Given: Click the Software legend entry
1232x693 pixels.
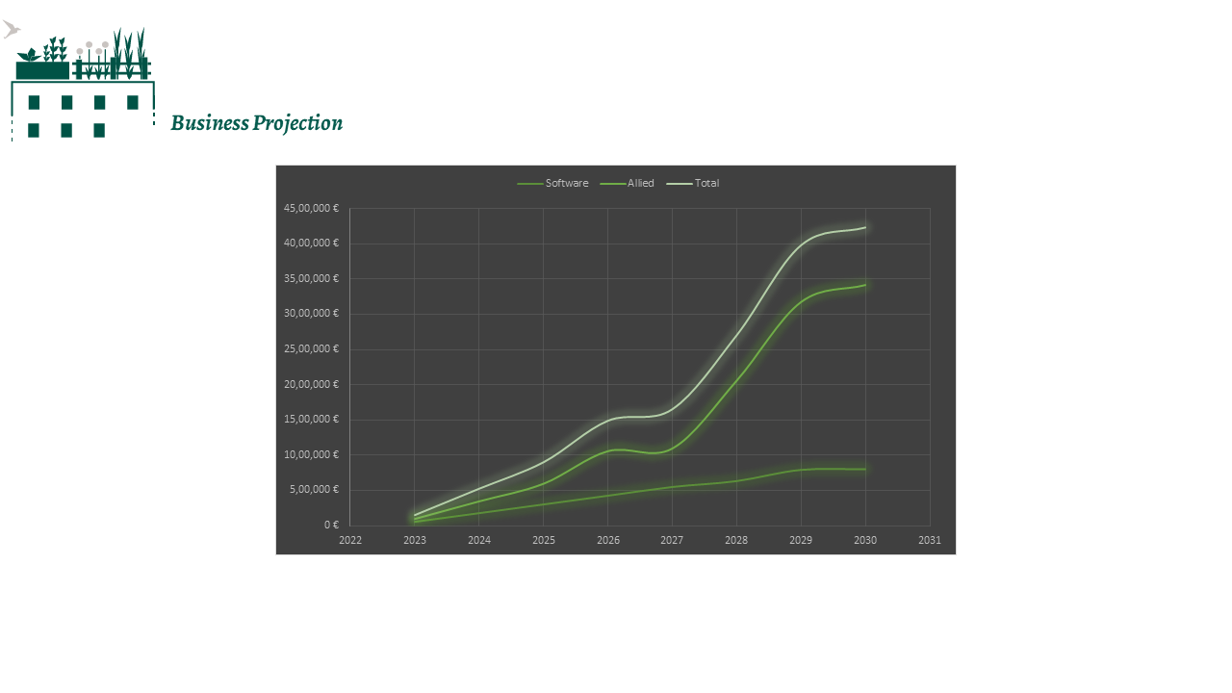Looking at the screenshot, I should [566, 184].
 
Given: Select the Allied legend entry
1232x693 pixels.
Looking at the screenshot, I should [640, 184].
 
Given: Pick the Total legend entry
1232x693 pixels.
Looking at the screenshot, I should [706, 184].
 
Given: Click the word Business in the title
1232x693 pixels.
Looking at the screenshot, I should [209, 123].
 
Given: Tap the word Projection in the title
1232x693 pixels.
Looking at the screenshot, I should [297, 123].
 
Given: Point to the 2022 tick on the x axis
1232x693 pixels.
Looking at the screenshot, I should [350, 540].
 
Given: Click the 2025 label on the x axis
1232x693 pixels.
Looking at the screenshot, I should [544, 540].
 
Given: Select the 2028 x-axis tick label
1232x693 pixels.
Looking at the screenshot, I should [736, 540].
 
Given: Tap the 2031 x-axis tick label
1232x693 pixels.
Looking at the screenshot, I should [930, 540].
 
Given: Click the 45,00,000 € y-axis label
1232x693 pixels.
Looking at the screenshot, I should [311, 208].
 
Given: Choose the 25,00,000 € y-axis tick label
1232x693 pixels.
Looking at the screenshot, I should [311, 348].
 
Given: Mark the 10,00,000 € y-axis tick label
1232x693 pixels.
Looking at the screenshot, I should [311, 454].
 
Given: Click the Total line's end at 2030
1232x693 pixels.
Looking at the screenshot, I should [865, 227].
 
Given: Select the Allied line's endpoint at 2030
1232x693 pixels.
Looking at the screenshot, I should [865, 284].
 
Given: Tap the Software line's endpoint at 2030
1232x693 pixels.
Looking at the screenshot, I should [865, 469].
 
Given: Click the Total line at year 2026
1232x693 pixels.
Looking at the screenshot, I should [608, 420].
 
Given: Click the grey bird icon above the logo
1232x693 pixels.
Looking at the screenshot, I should [11, 30].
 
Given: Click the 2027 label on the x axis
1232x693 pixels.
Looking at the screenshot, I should [672, 540].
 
